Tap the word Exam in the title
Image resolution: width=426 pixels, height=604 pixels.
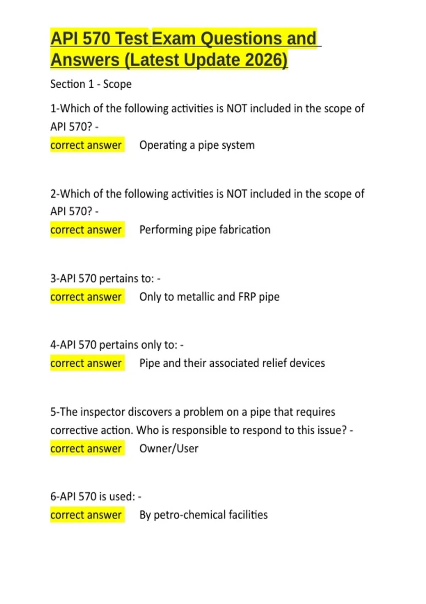[174, 38]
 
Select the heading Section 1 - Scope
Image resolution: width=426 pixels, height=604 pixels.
[91, 84]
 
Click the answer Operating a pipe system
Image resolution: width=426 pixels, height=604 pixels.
[197, 145]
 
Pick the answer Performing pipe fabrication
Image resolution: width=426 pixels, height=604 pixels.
[205, 230]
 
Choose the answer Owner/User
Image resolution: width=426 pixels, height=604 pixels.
[169, 448]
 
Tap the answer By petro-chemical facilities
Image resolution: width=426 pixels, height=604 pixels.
[203, 515]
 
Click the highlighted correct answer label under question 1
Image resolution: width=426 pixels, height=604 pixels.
[87, 145]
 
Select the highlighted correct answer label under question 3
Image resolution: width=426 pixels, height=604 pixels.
[87, 297]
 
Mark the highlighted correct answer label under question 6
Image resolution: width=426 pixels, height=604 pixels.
[87, 515]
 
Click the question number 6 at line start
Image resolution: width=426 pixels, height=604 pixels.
[53, 497]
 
